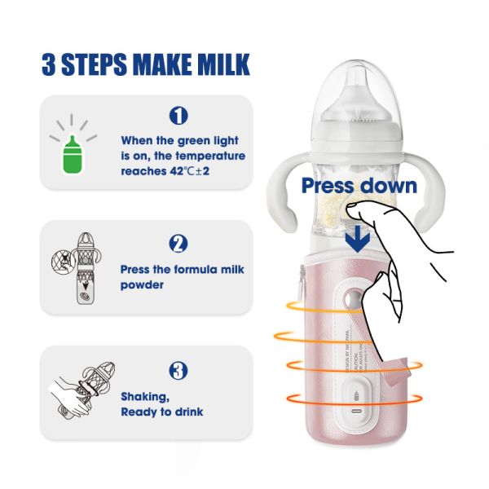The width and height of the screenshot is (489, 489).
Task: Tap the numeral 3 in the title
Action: [47, 64]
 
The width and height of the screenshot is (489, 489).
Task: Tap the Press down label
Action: [359, 185]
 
